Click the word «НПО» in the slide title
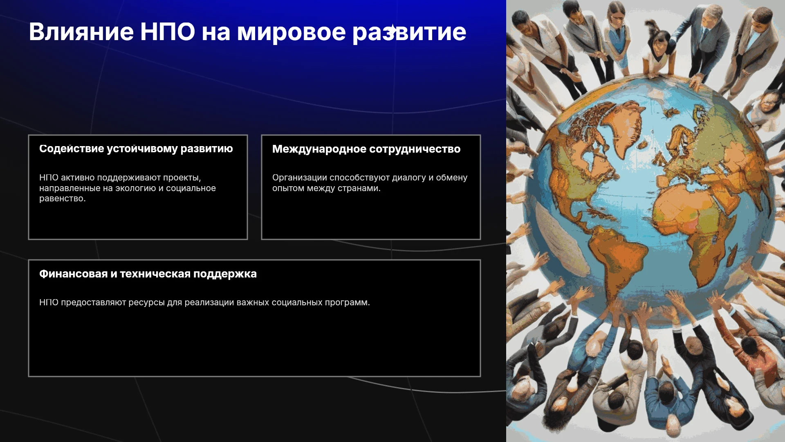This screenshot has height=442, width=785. click(x=168, y=32)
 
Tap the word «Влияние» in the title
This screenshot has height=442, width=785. click(x=81, y=32)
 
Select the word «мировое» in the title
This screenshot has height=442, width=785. click(x=292, y=32)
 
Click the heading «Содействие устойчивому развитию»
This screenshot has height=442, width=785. click(x=136, y=149)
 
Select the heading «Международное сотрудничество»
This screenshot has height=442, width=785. click(x=366, y=149)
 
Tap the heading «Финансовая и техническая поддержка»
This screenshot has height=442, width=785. click(x=148, y=274)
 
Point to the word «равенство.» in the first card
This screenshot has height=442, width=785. click(x=63, y=198)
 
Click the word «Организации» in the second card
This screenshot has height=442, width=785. click(x=300, y=178)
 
